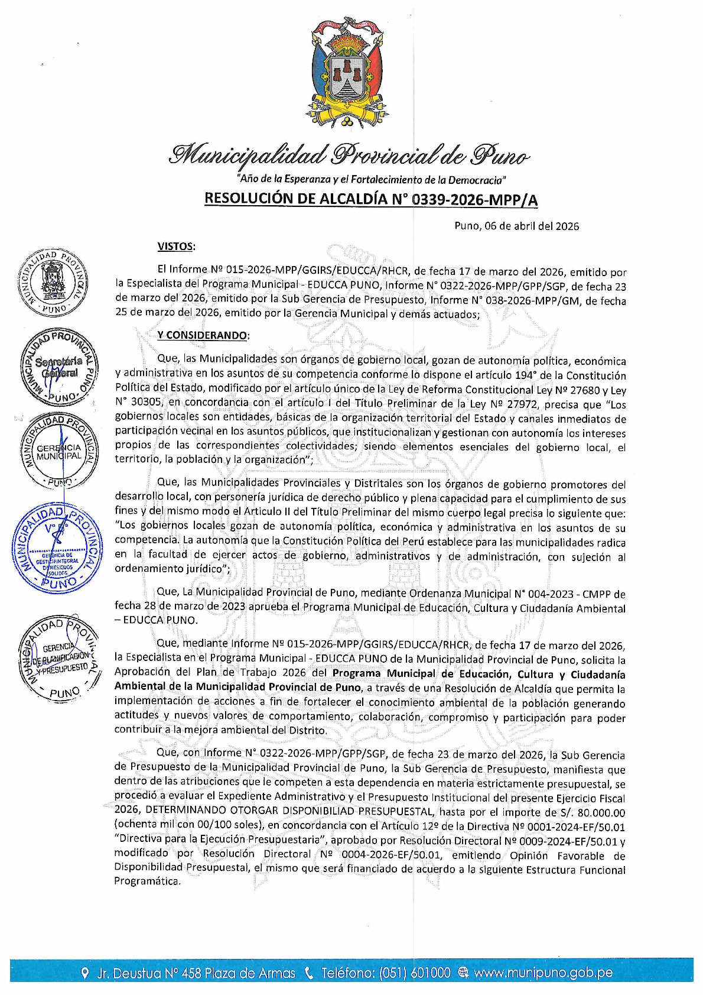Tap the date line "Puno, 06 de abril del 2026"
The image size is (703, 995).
tap(516, 226)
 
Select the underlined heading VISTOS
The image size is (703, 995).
tap(176, 246)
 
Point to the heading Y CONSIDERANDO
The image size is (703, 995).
tap(203, 335)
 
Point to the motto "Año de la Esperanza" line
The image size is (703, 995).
tap(371, 179)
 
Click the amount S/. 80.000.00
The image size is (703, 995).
tap(592, 813)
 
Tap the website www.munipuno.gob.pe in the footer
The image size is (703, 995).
tap(543, 973)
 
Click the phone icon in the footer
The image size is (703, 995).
tap(308, 973)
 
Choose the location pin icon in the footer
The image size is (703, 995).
tap(85, 973)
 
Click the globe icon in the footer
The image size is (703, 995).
tap(463, 973)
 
